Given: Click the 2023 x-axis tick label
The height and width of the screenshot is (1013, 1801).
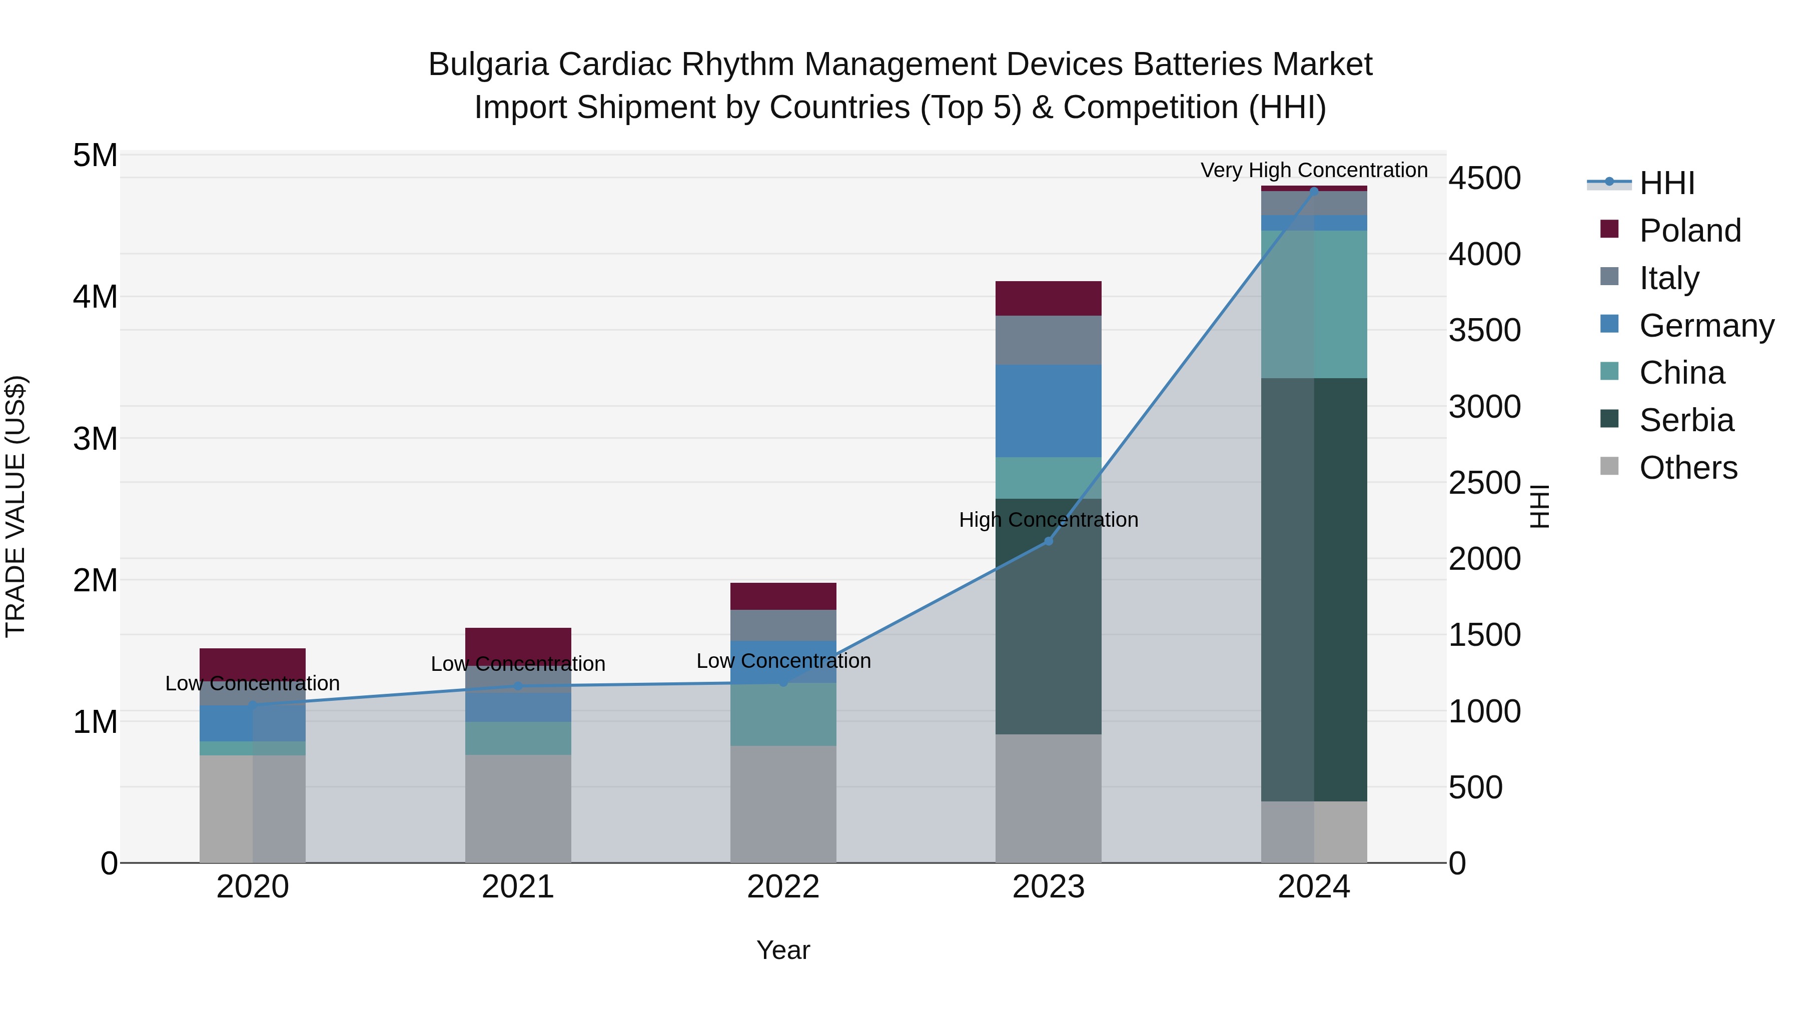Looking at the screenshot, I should point(1048,887).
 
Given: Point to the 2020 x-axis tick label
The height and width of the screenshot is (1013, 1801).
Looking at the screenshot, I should point(253,887).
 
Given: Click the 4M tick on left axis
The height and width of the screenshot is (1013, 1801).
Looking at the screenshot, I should point(96,297).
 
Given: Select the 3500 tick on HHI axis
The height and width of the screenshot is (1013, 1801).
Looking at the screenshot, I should point(1484,331).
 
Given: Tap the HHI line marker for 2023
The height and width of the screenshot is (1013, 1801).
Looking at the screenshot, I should point(1048,541).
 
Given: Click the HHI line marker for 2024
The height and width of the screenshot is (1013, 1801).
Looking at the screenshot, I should point(1314,191).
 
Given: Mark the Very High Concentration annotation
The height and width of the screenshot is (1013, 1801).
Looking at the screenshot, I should point(1314,170).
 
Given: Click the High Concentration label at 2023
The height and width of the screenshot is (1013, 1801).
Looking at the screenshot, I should point(1048,520).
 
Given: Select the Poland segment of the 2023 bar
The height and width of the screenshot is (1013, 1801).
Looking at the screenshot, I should point(1048,299).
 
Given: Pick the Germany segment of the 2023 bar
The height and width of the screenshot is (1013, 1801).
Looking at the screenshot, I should point(1048,411).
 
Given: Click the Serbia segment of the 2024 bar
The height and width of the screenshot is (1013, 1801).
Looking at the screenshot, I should point(1314,589).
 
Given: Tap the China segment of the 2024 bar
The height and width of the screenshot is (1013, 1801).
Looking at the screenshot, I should point(1314,304).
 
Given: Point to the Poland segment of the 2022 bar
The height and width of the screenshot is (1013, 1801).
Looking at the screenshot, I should point(783,596).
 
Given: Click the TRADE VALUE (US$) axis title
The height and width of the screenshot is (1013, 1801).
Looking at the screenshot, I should point(16,506).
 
